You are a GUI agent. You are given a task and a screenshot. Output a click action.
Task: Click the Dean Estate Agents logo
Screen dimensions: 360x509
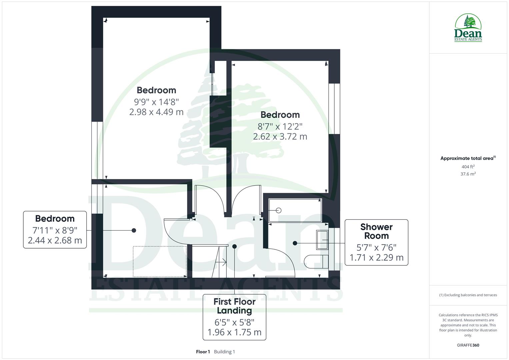(468, 28)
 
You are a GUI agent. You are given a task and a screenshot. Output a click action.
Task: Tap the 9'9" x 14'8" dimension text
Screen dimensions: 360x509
(156, 101)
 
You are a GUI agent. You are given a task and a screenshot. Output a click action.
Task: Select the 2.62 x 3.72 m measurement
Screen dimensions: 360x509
(280, 137)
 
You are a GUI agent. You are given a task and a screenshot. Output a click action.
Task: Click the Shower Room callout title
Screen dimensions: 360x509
(376, 231)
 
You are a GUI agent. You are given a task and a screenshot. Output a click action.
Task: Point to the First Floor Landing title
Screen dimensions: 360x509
(234, 306)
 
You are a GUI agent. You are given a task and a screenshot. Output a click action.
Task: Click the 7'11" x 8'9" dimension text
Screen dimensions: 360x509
(55, 230)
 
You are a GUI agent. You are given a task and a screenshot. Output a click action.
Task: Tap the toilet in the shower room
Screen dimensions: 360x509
(316, 262)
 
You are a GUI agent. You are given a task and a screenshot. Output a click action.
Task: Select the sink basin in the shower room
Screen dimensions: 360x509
(322, 240)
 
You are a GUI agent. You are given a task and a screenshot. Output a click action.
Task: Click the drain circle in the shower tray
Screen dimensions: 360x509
(279, 210)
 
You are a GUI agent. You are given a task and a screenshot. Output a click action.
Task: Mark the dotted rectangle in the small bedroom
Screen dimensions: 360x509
(160, 261)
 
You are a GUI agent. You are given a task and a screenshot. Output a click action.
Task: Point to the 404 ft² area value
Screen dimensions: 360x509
(468, 167)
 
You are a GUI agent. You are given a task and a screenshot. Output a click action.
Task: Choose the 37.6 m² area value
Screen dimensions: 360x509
(468, 174)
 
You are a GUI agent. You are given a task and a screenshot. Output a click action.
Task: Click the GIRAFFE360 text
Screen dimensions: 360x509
(468, 345)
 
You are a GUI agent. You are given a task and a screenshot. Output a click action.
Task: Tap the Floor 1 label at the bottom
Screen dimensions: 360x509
(203, 352)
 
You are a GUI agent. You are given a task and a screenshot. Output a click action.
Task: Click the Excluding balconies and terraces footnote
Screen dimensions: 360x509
(468, 295)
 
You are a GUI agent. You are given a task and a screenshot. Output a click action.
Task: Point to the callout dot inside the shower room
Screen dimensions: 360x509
(295, 243)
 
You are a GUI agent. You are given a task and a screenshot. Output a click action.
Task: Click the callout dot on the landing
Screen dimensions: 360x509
(234, 246)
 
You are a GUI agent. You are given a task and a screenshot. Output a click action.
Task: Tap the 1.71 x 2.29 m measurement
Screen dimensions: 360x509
(376, 258)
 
